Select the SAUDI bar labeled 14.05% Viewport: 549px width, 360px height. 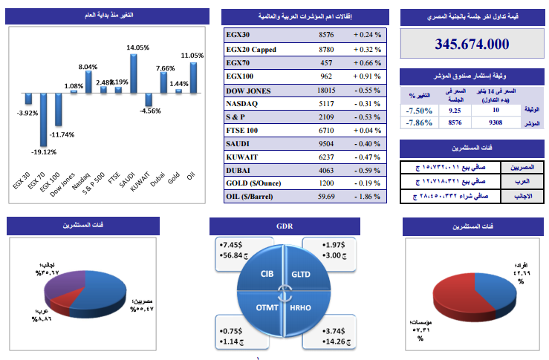[x=135, y=73]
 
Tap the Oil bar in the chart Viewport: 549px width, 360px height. [x=193, y=77]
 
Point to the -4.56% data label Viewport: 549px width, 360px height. [x=150, y=111]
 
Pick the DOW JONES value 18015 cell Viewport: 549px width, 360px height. [x=326, y=90]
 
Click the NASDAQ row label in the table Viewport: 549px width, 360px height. [x=242, y=103]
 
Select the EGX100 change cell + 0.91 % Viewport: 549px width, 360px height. [x=367, y=76]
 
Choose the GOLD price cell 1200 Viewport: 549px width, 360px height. [x=326, y=183]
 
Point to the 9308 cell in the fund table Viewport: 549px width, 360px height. [x=497, y=123]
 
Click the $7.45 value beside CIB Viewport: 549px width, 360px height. [x=233, y=244]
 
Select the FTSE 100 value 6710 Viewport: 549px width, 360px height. [x=326, y=130]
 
